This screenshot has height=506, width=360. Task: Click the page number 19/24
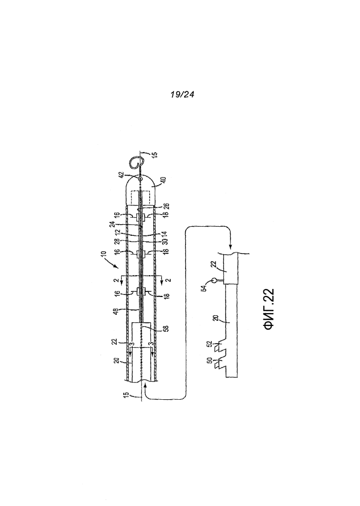coord(182,94)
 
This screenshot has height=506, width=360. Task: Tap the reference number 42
coord(121,175)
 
